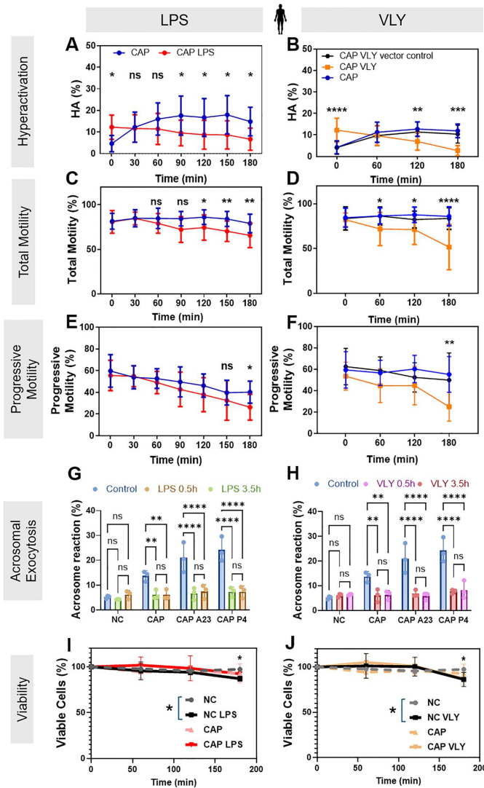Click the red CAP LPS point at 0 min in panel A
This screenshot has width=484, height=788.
(111, 127)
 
